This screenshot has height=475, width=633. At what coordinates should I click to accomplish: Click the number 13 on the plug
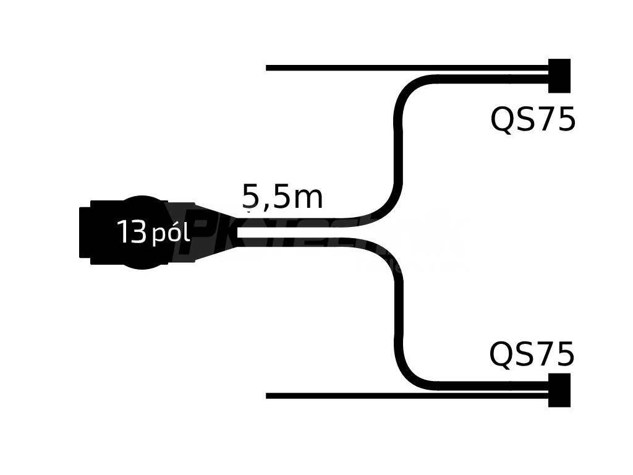pyautogui.click(x=131, y=233)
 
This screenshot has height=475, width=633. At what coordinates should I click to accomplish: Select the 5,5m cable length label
pyautogui.click(x=283, y=197)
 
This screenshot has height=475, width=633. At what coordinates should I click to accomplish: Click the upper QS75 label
pyautogui.click(x=532, y=119)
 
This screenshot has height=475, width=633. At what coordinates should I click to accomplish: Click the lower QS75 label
pyautogui.click(x=532, y=354)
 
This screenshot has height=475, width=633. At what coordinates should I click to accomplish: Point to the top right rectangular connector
pyautogui.click(x=559, y=75)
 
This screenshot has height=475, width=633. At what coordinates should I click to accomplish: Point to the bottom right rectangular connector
pyautogui.click(x=559, y=390)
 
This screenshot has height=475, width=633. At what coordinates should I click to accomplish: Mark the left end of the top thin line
pyautogui.click(x=268, y=67)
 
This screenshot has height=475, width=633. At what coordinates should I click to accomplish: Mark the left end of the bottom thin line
pyautogui.click(x=268, y=396)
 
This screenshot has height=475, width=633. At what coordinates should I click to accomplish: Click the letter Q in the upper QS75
pyautogui.click(x=501, y=120)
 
